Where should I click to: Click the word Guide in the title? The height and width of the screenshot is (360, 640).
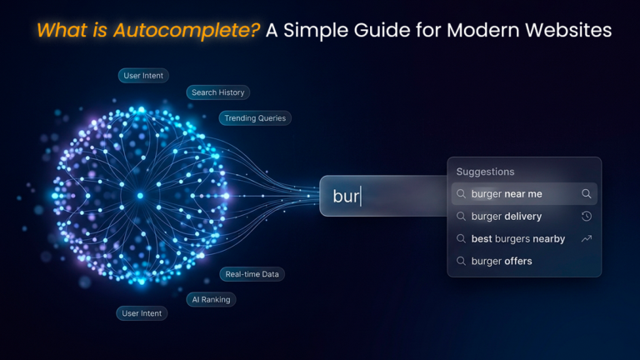tap(389, 31)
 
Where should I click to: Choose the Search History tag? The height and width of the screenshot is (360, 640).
tap(217, 92)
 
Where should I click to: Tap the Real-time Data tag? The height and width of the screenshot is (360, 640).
tap(252, 274)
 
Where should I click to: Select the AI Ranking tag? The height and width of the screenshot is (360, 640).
tap(211, 299)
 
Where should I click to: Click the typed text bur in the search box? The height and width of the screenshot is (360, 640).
tap(345, 197)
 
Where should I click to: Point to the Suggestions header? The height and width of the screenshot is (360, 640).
tap(485, 172)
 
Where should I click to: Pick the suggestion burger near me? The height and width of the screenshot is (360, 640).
tap(507, 194)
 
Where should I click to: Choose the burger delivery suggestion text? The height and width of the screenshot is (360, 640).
tap(507, 217)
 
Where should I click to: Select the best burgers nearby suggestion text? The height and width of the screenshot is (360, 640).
tap(517, 239)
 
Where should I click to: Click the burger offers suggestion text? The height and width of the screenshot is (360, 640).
tap(502, 262)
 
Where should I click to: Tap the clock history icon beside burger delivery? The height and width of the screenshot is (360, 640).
tap(587, 217)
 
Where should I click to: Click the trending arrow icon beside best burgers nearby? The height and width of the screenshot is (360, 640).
tap(587, 239)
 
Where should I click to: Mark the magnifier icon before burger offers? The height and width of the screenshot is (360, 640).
tap(461, 262)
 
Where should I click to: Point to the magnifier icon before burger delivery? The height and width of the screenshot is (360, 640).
tap(461, 217)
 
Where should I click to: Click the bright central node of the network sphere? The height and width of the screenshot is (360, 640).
tap(140, 196)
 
